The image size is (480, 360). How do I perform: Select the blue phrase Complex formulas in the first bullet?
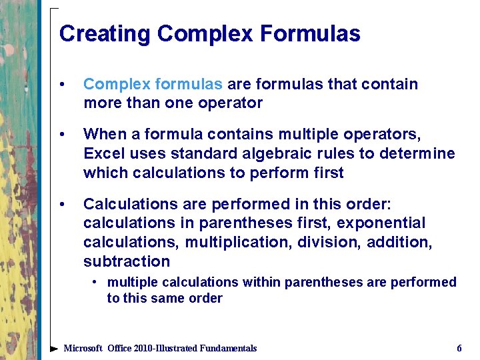[x=153, y=84]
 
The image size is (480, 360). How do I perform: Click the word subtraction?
[x=127, y=261]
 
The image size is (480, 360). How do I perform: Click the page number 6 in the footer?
[x=459, y=348]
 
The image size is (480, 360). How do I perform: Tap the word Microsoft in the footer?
[x=83, y=348]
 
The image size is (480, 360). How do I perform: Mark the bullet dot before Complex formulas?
[x=62, y=85]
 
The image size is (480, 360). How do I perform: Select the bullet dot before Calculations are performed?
[x=62, y=204]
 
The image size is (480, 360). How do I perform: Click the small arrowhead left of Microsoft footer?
[x=55, y=348]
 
